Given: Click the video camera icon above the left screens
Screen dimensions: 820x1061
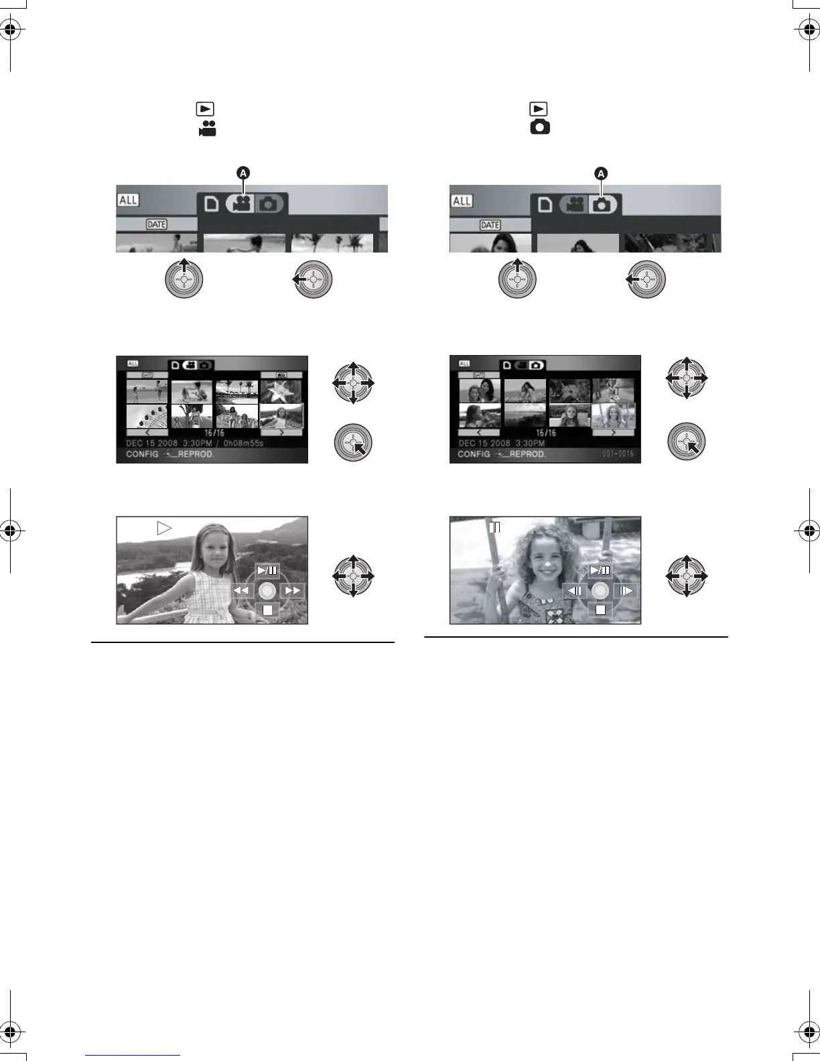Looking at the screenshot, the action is coord(207,129).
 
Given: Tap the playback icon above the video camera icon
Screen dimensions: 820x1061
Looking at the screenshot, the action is coord(204,109).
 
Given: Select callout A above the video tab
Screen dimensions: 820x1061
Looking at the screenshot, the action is coord(243,173).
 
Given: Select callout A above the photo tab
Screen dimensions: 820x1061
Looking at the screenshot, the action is coord(601,173).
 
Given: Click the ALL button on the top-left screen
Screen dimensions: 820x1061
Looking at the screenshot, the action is coord(128,200).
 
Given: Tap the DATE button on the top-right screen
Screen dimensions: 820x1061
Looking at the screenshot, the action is coord(490,225).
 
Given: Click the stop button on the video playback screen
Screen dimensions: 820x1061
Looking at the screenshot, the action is coord(267,610).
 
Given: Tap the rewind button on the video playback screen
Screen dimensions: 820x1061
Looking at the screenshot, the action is coord(242,591).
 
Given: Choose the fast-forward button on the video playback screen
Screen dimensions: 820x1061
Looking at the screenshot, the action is coord(292,591).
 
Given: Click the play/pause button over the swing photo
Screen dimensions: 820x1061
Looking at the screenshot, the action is coord(600,571).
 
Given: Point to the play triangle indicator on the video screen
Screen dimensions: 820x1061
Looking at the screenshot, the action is coord(164,528).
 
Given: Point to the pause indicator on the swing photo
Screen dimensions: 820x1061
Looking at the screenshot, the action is coord(495,527).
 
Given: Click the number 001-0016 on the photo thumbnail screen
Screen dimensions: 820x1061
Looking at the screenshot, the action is coord(617,454).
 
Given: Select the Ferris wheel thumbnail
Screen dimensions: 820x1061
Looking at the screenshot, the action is coord(147,417).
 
